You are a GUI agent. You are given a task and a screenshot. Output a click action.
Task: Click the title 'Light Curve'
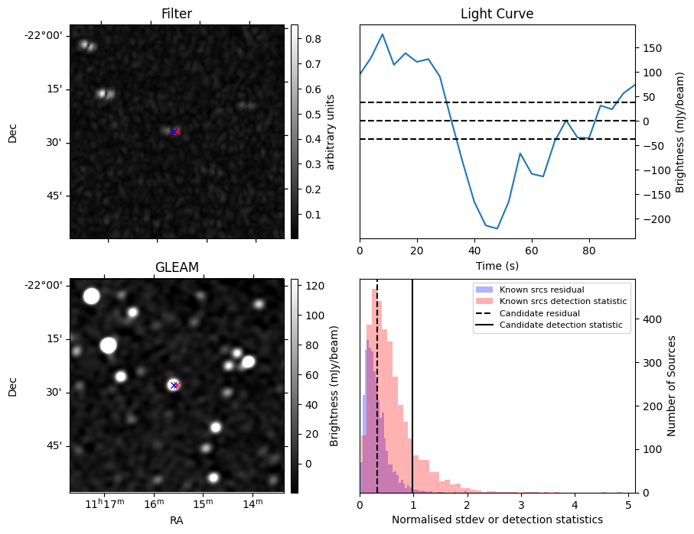[x=497, y=14]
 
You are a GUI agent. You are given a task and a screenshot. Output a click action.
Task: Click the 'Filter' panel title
[x=176, y=14]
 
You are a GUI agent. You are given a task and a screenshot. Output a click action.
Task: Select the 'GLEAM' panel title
[x=176, y=267]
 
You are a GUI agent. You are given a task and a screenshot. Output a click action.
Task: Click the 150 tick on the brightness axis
[x=651, y=48]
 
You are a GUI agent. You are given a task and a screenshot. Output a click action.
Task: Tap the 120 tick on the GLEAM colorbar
[x=314, y=286]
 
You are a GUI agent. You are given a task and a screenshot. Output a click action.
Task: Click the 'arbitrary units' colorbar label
[x=331, y=131]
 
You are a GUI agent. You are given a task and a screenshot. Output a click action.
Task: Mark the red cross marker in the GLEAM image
[x=174, y=386]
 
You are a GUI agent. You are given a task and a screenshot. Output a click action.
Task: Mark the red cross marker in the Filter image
[x=175, y=132]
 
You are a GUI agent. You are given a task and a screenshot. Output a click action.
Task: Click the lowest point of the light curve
[x=497, y=228]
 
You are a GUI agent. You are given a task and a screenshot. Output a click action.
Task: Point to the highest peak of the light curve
[x=383, y=34]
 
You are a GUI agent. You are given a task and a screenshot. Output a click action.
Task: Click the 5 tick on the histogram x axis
[x=628, y=504]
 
